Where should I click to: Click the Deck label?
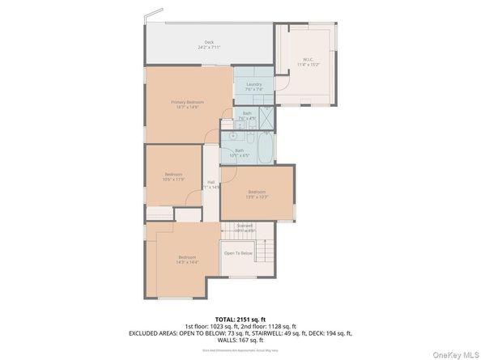pyautogui.click(x=208, y=42)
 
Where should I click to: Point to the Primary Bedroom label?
pyautogui.click(x=187, y=102)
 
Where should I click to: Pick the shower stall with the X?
pyautogui.click(x=266, y=118)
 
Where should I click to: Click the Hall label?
pyautogui.click(x=211, y=182)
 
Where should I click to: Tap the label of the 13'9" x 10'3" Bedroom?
pyautogui.click(x=257, y=192)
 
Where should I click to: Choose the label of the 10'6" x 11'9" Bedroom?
pyautogui.click(x=173, y=174)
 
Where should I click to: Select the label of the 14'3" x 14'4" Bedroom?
pyautogui.click(x=188, y=257)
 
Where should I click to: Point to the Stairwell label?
pyautogui.click(x=245, y=227)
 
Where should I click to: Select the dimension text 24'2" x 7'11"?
pyautogui.click(x=208, y=48)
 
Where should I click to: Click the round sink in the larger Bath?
pyautogui.click(x=232, y=136)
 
